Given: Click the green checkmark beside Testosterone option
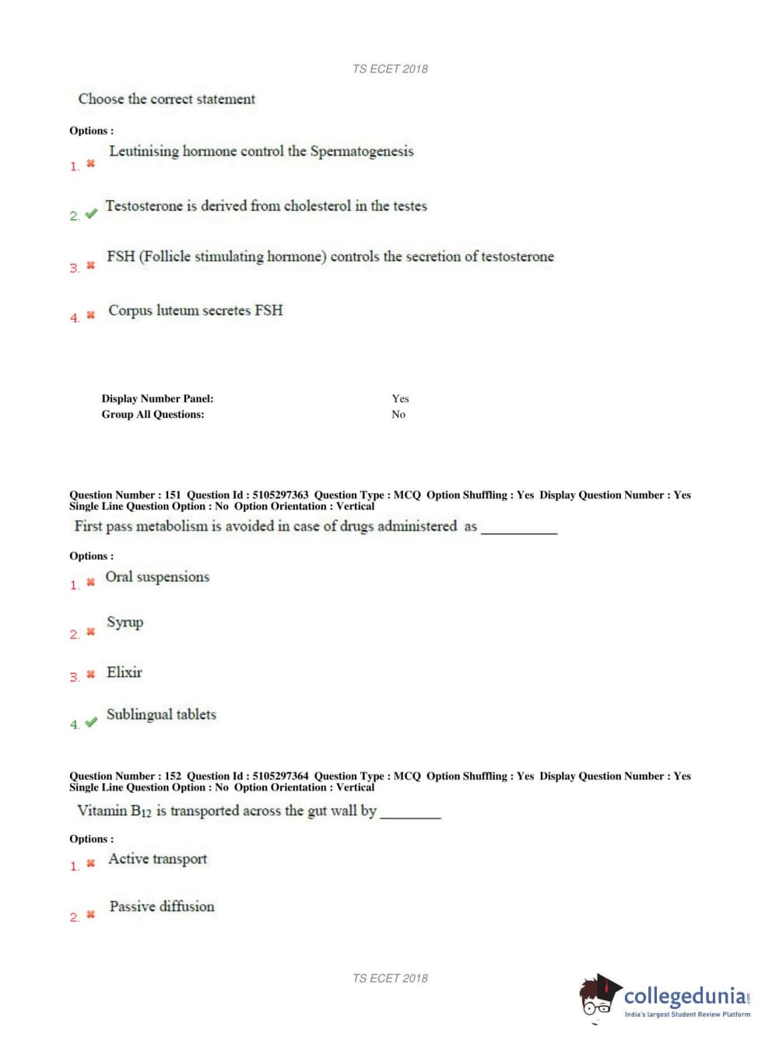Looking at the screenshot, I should click(x=91, y=213).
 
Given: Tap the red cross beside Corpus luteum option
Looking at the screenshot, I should click(x=90, y=315).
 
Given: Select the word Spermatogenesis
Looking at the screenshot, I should click(x=362, y=152).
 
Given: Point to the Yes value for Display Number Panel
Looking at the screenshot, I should click(x=400, y=398).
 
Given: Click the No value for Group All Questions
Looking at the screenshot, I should click(x=398, y=415).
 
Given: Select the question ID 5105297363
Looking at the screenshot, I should click(x=280, y=495).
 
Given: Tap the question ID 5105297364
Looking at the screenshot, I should click(x=280, y=776).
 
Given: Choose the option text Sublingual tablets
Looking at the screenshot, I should click(x=161, y=714).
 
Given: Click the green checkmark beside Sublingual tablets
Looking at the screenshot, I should click(x=91, y=722).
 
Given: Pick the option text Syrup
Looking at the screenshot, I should click(x=125, y=622).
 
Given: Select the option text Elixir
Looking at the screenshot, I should click(x=125, y=672).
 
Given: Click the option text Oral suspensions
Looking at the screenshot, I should click(x=157, y=577).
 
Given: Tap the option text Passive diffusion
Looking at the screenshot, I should click(x=162, y=906).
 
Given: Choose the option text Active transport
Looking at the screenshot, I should click(x=158, y=859).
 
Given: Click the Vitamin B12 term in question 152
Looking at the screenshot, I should click(x=114, y=811).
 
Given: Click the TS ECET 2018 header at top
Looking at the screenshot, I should click(x=390, y=68).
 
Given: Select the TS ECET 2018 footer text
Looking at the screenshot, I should click(x=390, y=978).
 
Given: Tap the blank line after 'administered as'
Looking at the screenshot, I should click(x=519, y=531).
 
